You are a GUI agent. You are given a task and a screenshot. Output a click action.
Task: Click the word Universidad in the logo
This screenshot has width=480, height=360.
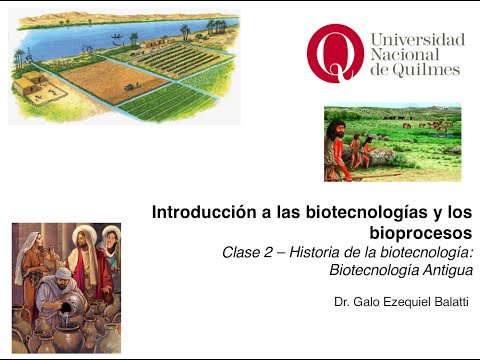coord(418,40)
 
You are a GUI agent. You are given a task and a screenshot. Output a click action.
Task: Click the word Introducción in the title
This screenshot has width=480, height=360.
coord(195,212)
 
